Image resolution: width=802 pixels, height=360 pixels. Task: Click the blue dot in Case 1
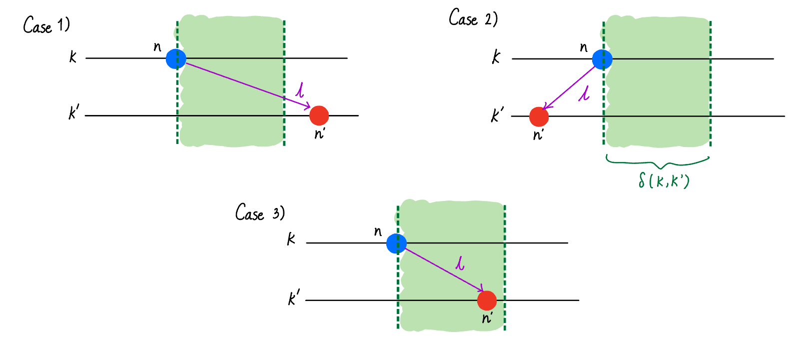(176, 58)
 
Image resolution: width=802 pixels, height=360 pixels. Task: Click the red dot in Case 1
(319, 115)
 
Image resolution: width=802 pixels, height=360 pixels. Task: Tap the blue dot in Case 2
(602, 59)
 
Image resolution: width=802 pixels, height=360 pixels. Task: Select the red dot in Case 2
(539, 116)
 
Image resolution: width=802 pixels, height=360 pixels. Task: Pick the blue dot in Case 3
(396, 243)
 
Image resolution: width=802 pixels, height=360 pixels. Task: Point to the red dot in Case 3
(487, 300)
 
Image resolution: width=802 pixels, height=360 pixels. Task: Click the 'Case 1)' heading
(46, 25)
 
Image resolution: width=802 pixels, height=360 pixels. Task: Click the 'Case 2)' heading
(473, 18)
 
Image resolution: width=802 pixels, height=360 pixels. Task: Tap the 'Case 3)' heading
(260, 213)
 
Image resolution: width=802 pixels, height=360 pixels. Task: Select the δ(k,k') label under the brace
(664, 180)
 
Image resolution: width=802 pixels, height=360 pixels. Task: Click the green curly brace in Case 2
(658, 162)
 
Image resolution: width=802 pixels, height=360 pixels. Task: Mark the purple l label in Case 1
(300, 90)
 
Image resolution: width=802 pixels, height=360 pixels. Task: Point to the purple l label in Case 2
(584, 93)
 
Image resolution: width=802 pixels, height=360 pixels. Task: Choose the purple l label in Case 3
(460, 263)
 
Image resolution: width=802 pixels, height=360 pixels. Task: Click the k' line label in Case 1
(74, 113)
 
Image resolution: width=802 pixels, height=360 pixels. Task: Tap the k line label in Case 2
(496, 56)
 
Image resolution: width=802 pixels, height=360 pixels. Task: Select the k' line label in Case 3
(294, 298)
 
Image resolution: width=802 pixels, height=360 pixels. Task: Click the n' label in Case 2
(538, 135)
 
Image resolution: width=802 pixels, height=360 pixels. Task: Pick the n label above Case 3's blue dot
(378, 231)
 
